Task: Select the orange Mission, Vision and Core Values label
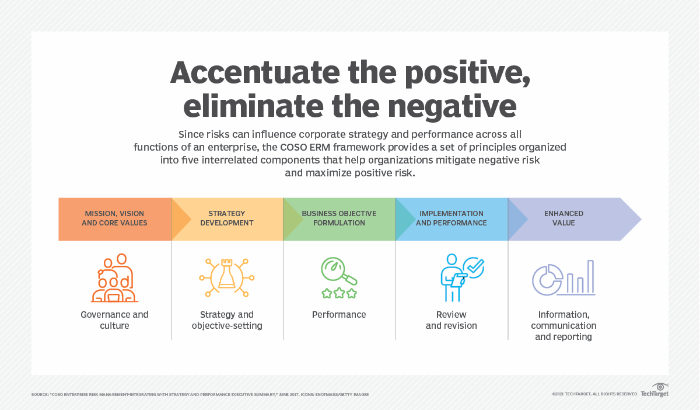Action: click(x=114, y=218)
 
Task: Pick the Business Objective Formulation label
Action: click(x=339, y=218)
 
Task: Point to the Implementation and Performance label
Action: click(x=451, y=218)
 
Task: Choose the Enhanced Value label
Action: click(x=563, y=218)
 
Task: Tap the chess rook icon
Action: click(x=226, y=278)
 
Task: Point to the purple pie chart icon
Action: click(x=547, y=280)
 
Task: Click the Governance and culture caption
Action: click(x=114, y=320)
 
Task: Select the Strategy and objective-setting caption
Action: click(x=227, y=320)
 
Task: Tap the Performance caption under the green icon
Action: click(x=339, y=315)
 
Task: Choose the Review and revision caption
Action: click(x=451, y=320)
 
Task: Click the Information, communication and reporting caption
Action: click(x=563, y=325)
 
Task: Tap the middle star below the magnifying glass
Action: click(x=339, y=293)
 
